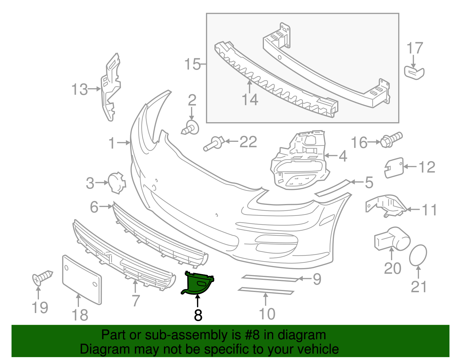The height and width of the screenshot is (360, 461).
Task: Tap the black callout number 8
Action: pos(198,315)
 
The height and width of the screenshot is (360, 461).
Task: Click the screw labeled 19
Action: pos(42,277)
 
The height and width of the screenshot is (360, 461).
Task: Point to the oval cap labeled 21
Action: pos(418,255)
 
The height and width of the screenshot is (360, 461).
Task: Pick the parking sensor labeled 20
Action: pos(392,238)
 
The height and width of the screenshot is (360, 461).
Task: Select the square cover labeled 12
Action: pos(394,167)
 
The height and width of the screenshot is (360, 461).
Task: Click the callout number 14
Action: pos(250,100)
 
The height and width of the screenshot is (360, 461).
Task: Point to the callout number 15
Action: pos(192,64)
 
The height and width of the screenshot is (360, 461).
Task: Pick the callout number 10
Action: pos(267,314)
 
